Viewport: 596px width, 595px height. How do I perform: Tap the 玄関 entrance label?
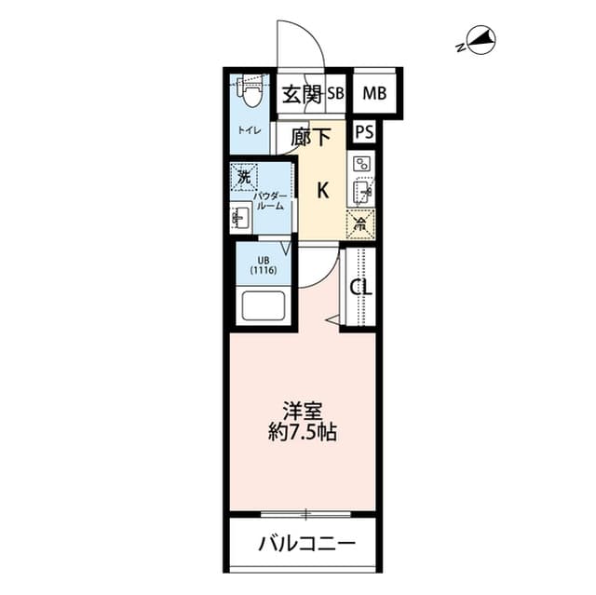(302, 94)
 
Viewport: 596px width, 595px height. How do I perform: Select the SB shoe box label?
(335, 94)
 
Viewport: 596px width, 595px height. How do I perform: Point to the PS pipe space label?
(363, 131)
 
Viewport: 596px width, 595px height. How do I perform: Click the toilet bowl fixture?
(250, 92)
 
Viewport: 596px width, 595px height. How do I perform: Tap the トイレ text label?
(249, 131)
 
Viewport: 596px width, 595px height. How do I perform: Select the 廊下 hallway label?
(310, 138)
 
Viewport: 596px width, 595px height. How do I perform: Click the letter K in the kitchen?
(322, 191)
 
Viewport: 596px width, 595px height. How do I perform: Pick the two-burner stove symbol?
(362, 165)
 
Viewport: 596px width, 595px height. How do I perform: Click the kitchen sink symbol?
(362, 193)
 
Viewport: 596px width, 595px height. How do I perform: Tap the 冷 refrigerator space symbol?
(360, 223)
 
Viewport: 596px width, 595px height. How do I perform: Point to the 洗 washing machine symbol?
(244, 176)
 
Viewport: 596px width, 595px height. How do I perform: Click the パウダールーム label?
(264, 202)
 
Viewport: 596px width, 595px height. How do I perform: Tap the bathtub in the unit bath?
(264, 304)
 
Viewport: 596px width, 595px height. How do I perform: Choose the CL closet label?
(360, 288)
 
